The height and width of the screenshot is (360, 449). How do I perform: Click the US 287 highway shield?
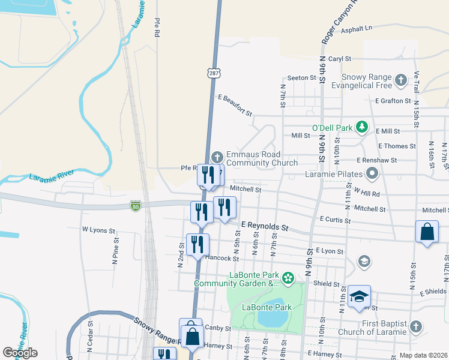click(214, 73)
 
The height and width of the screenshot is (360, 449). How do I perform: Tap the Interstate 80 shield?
click(136, 206)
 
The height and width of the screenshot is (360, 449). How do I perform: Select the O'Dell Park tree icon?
click(362, 127)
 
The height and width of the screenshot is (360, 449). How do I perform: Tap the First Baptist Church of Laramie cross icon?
click(415, 327)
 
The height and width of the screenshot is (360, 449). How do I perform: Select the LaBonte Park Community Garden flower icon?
click(288, 278)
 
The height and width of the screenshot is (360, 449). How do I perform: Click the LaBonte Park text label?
click(267, 308)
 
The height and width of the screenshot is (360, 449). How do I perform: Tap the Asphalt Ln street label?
click(357, 28)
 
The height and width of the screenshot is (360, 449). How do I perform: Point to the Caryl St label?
click(339, 59)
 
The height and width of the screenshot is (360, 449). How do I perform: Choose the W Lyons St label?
click(97, 229)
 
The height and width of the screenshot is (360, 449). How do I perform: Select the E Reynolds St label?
click(265, 226)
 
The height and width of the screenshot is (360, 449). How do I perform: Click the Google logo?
click(20, 353)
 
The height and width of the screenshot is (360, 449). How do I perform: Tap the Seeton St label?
click(301, 78)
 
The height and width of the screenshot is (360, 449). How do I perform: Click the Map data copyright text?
click(424, 355)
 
